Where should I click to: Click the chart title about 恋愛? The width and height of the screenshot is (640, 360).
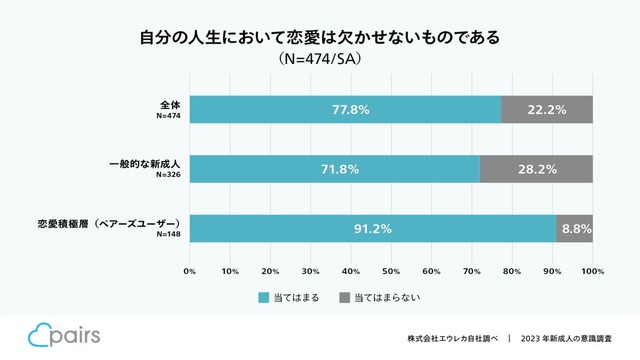tap(319, 38)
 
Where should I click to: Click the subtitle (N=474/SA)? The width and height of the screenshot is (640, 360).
tap(319, 60)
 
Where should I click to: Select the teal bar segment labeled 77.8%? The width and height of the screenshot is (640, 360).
tap(345, 109)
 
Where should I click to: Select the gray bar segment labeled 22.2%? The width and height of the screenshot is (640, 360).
tap(547, 109)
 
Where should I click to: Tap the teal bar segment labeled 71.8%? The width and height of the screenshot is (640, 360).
tap(334, 169)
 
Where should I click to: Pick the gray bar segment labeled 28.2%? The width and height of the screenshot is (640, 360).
tap(536, 169)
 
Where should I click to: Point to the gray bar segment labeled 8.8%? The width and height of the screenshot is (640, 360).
tap(575, 228)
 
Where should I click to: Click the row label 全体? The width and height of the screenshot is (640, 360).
tap(169, 104)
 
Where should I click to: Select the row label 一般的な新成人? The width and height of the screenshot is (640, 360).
tap(144, 163)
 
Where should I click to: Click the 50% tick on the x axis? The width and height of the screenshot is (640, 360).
tap(391, 270)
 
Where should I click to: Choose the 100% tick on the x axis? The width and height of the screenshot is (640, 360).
tap(592, 270)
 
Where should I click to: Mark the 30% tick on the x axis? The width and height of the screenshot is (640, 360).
tap(311, 270)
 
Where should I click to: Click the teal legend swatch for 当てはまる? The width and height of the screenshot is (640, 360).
tap(264, 297)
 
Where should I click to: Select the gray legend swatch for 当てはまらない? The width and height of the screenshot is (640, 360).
tap(345, 297)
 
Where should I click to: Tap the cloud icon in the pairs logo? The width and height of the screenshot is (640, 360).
tap(40, 334)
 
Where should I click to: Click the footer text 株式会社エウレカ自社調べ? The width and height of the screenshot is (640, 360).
tap(451, 338)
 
